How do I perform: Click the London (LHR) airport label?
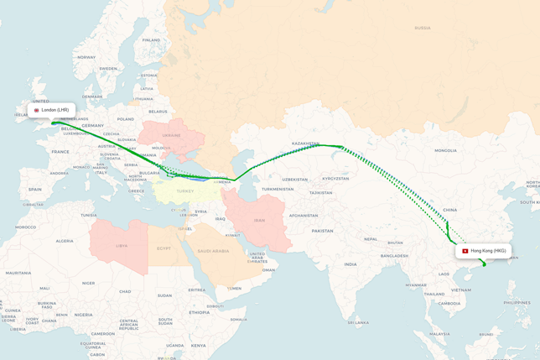click(52, 110)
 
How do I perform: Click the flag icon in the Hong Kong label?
click(465, 251)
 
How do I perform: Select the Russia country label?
click(423, 28)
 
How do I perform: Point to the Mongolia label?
click(445, 150)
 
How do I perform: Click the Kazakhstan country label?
click(305, 143)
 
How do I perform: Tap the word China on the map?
click(450, 210)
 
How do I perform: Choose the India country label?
click(350, 264)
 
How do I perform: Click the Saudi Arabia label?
click(213, 251)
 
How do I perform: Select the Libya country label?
click(122, 246)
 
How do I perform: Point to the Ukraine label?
click(171, 135)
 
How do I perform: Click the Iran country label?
click(259, 221)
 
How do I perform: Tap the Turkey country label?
click(185, 191)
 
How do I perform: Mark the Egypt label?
click(164, 248)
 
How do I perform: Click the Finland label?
click(151, 39)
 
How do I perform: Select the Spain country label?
click(34, 190)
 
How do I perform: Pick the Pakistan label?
click(322, 231)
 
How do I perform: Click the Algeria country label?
click(65, 241)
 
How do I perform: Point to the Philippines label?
click(517, 302)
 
